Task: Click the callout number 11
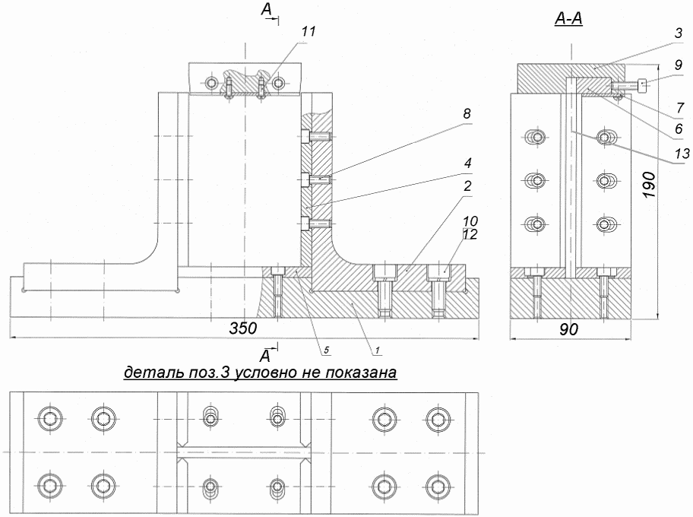coord(309,32)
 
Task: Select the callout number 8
coord(467,114)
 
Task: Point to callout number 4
coord(467,163)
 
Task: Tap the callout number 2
coord(467,186)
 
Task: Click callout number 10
coord(470,221)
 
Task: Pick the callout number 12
coord(470,234)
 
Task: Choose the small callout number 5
coord(326,350)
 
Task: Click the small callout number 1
coord(378,350)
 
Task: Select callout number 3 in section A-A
coord(679,34)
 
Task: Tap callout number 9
coord(679,65)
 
